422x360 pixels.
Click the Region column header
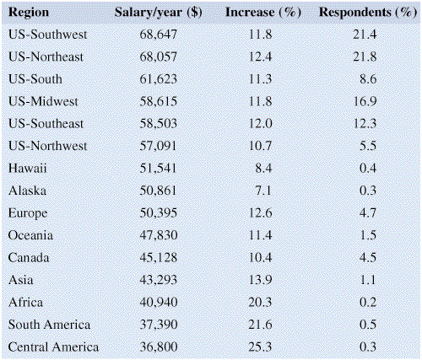click(x=29, y=13)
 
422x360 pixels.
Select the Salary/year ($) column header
click(x=159, y=13)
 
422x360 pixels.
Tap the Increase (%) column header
click(x=263, y=13)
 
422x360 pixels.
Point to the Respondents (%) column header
click(x=368, y=13)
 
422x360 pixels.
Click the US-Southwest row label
click(x=47, y=35)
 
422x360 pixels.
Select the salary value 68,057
click(x=159, y=56)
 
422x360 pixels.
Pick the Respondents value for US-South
click(x=368, y=79)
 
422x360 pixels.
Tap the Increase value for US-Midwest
click(x=261, y=101)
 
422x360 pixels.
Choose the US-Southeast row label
click(x=46, y=124)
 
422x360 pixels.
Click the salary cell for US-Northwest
click(x=158, y=146)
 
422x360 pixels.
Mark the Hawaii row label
click(x=27, y=168)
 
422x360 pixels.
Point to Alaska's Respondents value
click(x=368, y=191)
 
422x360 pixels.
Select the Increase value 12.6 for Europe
click(x=261, y=212)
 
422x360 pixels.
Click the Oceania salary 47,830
click(x=159, y=235)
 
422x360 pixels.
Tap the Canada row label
click(x=29, y=257)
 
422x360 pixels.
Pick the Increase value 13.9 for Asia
click(x=261, y=280)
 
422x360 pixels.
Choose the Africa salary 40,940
click(x=159, y=302)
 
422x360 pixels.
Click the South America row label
click(x=49, y=325)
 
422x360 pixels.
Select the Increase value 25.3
click(x=260, y=347)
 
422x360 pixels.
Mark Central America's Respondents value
click(x=368, y=347)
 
